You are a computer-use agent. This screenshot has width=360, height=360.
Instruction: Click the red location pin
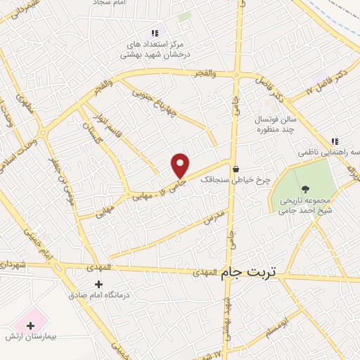[x=181, y=165]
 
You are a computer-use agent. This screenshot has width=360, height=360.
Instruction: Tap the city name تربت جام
[x=249, y=271]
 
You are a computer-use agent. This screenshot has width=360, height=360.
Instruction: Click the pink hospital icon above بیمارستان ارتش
[x=30, y=325]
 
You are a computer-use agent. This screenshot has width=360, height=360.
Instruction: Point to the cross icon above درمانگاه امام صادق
[x=97, y=285]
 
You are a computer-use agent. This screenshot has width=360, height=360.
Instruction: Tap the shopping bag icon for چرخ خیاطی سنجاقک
[x=236, y=169]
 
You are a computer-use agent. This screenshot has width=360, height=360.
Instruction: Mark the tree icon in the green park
[x=304, y=188]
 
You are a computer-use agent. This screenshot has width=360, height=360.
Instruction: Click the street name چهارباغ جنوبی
[x=174, y=108]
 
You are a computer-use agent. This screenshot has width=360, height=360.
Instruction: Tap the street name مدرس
[x=216, y=215]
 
